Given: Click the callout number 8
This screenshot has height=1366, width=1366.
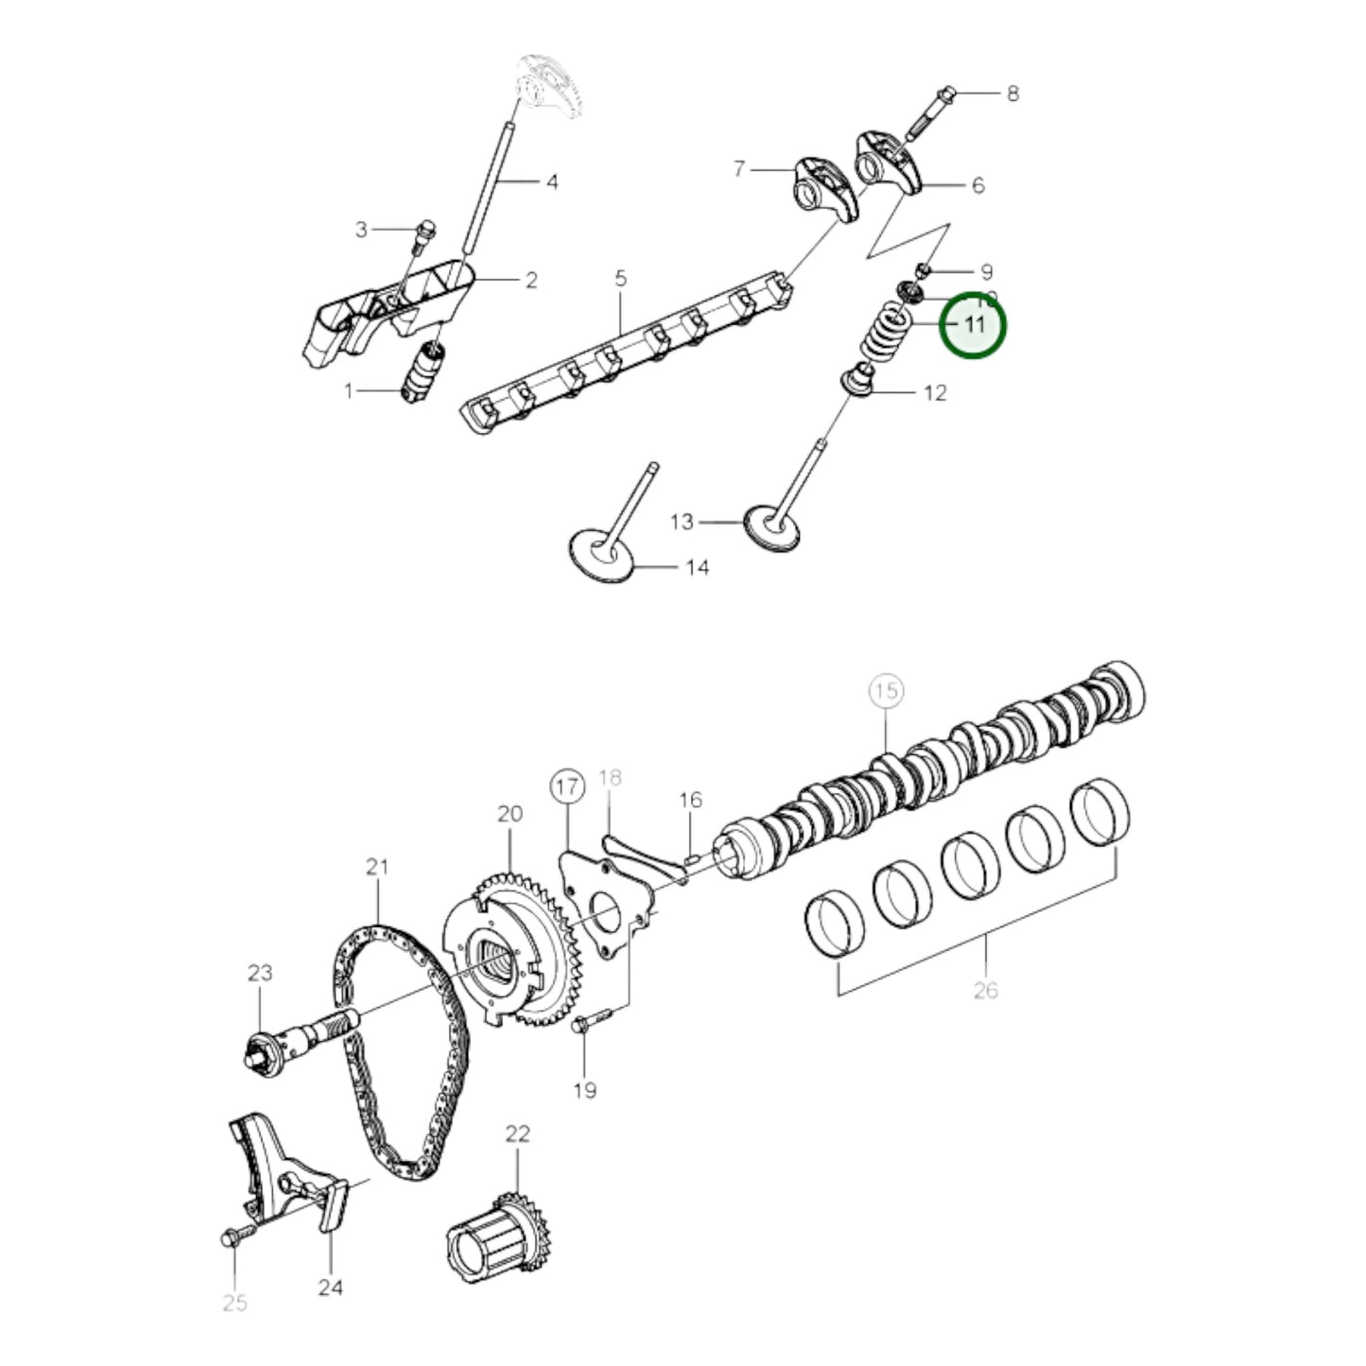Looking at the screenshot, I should [1012, 94].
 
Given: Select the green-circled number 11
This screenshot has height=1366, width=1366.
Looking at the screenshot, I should [974, 324].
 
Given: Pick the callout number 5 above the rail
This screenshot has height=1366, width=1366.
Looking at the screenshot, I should [620, 279].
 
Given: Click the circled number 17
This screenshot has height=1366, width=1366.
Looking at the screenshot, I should [567, 787].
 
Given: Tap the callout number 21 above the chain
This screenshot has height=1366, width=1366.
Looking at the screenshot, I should [377, 866].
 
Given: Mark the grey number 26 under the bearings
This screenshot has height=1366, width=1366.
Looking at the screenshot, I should [985, 991].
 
